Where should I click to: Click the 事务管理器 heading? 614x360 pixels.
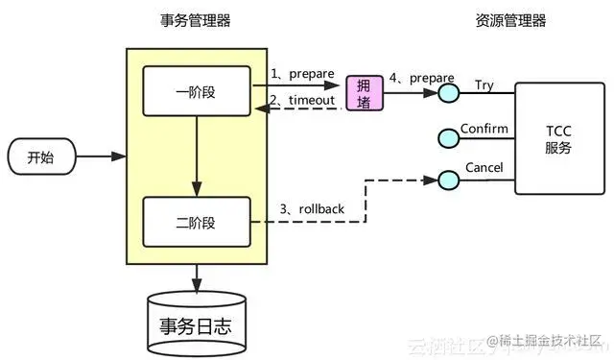click(196, 20)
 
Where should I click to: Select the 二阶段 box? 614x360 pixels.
click(197, 222)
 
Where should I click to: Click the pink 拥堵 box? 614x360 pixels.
click(364, 92)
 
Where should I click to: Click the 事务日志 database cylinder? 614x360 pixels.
click(197, 323)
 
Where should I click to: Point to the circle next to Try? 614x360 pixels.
click(448, 93)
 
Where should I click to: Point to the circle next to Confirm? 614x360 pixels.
click(448, 137)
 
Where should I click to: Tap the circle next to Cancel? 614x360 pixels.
click(448, 179)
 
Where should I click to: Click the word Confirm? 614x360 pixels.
click(484, 128)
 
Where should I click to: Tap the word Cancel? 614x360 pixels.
click(484, 168)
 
